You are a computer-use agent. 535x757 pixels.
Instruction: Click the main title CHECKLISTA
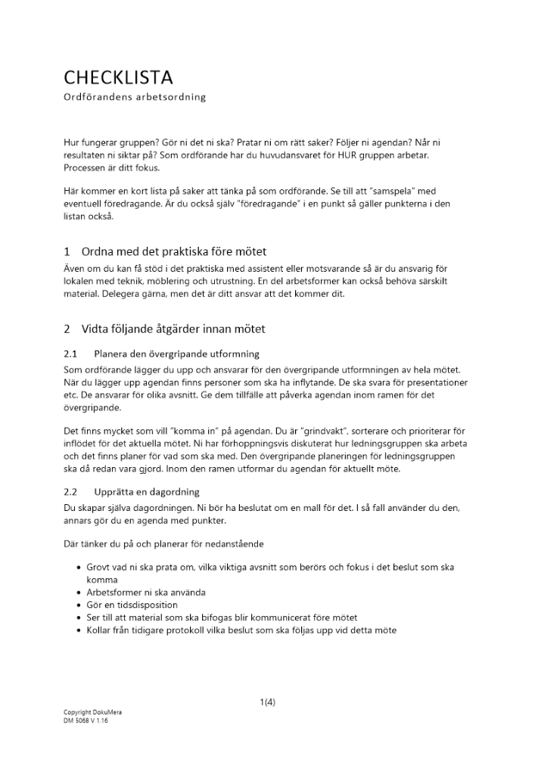[118, 77]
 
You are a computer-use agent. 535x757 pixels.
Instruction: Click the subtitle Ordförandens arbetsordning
[135, 98]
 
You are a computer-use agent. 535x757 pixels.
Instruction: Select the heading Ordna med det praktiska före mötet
[173, 251]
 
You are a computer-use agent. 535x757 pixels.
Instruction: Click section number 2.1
[71, 354]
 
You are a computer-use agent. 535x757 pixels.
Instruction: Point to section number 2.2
[71, 492]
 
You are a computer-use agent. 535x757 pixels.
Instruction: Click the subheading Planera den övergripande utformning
[176, 354]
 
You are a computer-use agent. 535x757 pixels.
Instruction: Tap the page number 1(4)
[267, 702]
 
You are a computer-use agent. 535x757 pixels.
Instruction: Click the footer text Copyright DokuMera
[92, 713]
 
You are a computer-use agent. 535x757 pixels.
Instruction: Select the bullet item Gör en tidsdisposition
[132, 605]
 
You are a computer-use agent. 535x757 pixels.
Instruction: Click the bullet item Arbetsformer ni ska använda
[146, 592]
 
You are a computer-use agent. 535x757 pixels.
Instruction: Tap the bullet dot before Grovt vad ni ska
[80, 567]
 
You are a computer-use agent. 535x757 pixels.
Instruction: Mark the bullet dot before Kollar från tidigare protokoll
[80, 631]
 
